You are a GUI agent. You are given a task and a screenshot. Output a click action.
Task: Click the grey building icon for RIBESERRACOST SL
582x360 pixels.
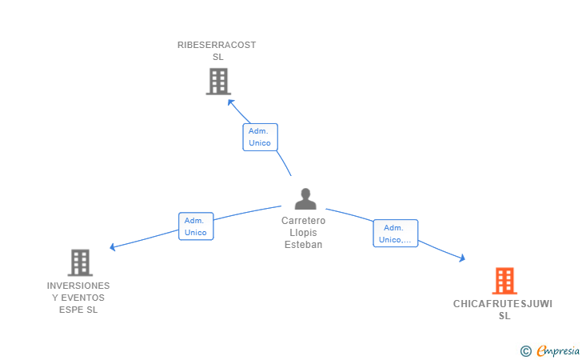[217, 82]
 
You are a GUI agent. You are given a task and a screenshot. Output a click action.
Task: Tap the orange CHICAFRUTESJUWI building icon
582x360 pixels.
[504, 281]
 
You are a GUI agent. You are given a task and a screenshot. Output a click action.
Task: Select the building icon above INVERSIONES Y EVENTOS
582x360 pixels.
[80, 262]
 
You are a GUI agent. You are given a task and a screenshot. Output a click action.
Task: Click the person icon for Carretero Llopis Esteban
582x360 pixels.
[305, 198]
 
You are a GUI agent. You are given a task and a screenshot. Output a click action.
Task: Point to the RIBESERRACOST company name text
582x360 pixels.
[217, 45]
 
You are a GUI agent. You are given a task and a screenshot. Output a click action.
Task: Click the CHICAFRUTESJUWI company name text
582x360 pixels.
[503, 304]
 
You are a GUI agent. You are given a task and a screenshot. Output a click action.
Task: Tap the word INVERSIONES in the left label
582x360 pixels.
[78, 286]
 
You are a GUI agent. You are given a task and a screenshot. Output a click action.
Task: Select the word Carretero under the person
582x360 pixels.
[304, 221]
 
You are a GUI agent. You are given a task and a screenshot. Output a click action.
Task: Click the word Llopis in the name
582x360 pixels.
[304, 233]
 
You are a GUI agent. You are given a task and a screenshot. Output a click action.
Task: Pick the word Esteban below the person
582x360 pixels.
[304, 245]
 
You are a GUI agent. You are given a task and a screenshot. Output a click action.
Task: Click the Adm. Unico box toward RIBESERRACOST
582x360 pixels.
[260, 137]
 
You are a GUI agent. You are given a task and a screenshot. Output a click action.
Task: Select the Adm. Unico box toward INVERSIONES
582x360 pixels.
[196, 226]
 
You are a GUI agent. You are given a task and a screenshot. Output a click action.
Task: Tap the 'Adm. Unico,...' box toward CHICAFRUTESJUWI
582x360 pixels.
[395, 234]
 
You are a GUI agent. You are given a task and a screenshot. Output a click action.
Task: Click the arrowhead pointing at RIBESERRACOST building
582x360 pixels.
[231, 102]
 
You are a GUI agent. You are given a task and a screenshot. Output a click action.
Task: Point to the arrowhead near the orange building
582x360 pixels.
[461, 258]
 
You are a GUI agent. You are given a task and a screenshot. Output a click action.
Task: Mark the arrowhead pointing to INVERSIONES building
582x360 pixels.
[113, 247]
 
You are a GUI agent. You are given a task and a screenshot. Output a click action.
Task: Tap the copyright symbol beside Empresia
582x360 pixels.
[525, 350]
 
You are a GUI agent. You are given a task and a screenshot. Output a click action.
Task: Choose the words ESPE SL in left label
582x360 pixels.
[78, 310]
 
